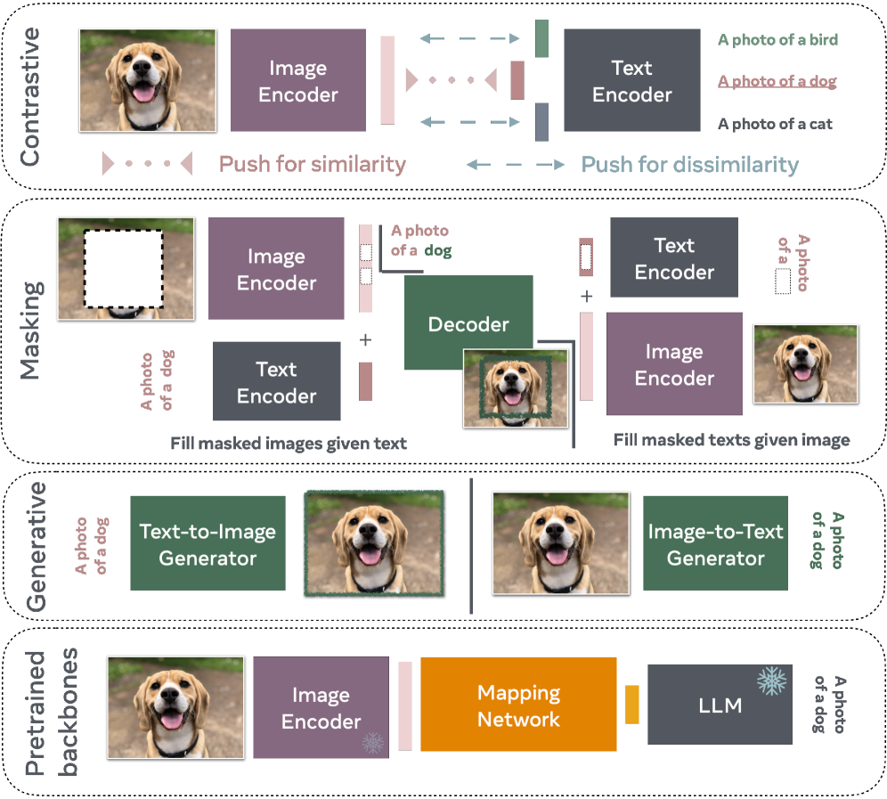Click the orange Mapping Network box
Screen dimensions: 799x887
[518, 705]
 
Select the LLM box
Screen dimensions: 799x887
[720, 705]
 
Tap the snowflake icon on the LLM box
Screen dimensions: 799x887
[771, 681]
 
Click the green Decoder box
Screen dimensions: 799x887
[468, 323]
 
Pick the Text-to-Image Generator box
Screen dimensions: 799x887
[208, 543]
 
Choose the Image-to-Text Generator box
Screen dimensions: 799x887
[715, 543]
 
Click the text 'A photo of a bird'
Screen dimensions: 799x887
[777, 40]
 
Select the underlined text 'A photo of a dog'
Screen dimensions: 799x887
[777, 82]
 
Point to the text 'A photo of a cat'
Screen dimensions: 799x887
[775, 125]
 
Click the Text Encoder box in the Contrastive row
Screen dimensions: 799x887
[631, 81]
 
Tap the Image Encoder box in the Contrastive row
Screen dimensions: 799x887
[297, 81]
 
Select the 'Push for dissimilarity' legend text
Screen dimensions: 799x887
[689, 165]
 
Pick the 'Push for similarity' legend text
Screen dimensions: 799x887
[313, 165]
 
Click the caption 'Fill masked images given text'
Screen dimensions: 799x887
[289, 444]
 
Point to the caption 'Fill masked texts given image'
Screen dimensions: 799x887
[731, 440]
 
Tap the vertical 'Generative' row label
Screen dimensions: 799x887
[37, 546]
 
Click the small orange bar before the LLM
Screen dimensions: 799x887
[632, 704]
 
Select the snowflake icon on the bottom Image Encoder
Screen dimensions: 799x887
[371, 742]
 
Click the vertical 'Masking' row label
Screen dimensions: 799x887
[32, 330]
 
